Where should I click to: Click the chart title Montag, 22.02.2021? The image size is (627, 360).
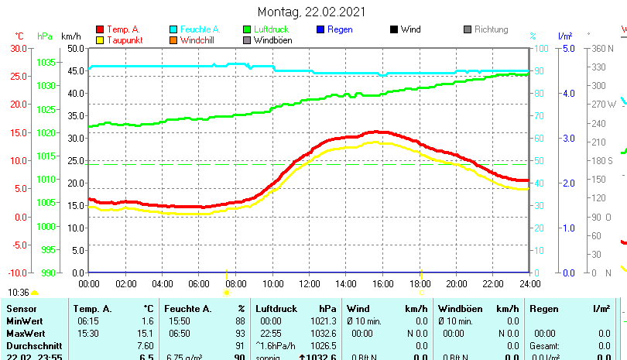[313, 12]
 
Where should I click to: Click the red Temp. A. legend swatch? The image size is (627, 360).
[100, 29]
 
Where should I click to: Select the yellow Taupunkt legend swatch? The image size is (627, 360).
[100, 40]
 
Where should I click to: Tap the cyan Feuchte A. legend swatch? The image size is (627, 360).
[173, 29]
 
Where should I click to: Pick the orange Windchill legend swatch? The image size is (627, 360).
[173, 40]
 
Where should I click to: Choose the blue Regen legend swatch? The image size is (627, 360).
[320, 29]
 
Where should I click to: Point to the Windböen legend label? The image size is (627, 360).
[272, 40]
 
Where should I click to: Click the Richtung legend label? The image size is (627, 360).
[491, 29]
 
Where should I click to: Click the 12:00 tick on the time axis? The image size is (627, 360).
[310, 283]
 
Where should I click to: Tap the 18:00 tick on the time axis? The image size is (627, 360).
[420, 283]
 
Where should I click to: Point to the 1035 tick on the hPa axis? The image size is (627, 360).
[46, 62]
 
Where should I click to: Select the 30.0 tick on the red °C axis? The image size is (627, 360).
[19, 48]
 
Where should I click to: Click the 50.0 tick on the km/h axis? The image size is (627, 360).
[75, 48]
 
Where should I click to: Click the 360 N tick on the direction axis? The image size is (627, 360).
[602, 48]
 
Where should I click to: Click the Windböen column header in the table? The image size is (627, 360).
[459, 309]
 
